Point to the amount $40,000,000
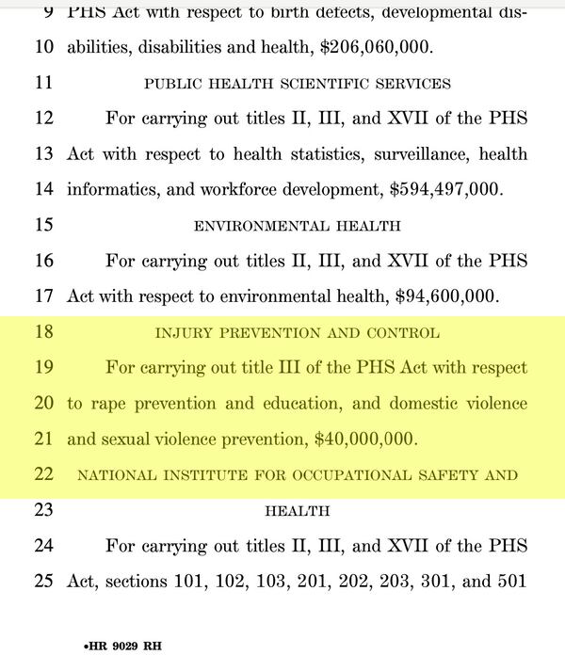(x=365, y=439)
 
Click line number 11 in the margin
(x=42, y=83)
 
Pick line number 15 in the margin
(x=42, y=225)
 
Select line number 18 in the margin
(x=42, y=332)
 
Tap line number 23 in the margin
(x=42, y=510)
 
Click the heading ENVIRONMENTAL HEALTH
(x=297, y=226)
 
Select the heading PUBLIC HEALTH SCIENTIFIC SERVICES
(x=297, y=84)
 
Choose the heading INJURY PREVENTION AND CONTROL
(x=297, y=333)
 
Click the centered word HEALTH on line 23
(x=297, y=511)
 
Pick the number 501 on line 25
(x=509, y=581)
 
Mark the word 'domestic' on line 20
(x=410, y=403)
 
